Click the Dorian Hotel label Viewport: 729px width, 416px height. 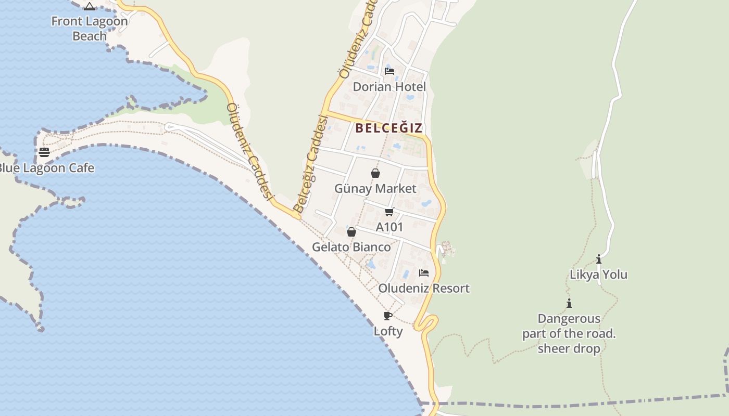coord(389,87)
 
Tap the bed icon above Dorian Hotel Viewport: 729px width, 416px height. coord(389,71)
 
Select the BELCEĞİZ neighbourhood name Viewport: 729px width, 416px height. coord(388,128)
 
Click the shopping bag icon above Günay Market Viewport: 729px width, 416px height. coord(375,173)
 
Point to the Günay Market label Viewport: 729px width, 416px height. coord(375,188)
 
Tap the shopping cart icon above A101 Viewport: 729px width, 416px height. coord(389,212)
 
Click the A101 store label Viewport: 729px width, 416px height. coord(389,227)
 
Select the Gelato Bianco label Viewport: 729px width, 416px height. coord(351,247)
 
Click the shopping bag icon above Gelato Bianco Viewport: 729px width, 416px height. coord(351,232)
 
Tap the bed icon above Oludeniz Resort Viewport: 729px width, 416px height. coord(424,273)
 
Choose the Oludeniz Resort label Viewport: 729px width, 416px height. coord(424,288)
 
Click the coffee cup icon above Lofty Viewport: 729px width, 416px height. coord(388,316)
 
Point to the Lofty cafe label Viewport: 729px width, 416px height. coord(388,331)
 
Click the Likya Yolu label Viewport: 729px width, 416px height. coord(598,275)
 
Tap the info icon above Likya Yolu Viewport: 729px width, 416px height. coord(599,259)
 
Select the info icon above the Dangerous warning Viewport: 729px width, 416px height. coord(569,303)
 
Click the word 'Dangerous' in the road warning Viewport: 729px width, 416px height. coord(569,319)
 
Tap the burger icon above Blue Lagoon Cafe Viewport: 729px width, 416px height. coord(44,152)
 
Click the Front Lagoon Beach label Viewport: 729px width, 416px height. coord(90,29)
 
